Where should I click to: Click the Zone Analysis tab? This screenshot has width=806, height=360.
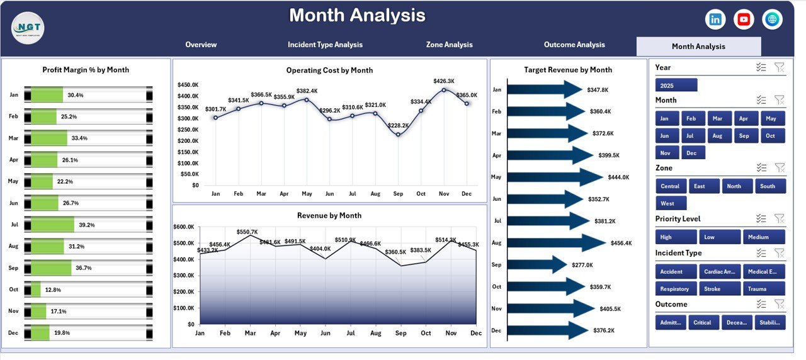[x=449, y=45]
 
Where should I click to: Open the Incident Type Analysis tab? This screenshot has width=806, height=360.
[x=325, y=45]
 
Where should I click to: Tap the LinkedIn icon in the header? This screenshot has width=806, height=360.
[x=715, y=20]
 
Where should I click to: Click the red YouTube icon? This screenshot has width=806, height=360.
[x=744, y=20]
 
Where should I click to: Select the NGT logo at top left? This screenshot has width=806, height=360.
[x=28, y=28]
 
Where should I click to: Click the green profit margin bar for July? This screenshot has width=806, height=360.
[x=53, y=225]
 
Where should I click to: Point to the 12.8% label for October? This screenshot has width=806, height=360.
[x=54, y=290]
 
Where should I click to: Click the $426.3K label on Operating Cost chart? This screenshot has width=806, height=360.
[x=444, y=81]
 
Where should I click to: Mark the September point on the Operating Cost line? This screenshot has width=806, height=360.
[x=398, y=134]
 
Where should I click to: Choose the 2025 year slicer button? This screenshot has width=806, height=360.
[x=676, y=85]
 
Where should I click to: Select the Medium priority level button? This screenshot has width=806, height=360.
[x=764, y=237]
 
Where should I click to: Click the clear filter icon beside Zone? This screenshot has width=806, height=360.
[x=779, y=167]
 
